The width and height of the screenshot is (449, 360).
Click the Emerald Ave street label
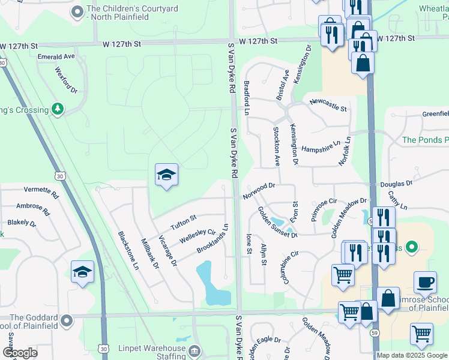[56, 56]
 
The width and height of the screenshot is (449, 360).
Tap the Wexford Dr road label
[67, 80]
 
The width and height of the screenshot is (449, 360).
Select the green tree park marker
[58, 109]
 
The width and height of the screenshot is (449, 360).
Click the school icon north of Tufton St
[166, 175]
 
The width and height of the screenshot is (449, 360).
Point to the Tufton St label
[184, 221]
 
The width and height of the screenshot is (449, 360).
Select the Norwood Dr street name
[259, 191]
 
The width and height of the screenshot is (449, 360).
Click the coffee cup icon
[425, 282]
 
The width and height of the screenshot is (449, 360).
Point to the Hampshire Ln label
[321, 146]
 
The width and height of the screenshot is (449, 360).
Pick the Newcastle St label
[328, 105]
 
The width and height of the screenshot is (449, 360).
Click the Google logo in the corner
[20, 352]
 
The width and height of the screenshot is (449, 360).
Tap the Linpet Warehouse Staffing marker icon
[194, 350]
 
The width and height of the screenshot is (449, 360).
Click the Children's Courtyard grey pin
[77, 11]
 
